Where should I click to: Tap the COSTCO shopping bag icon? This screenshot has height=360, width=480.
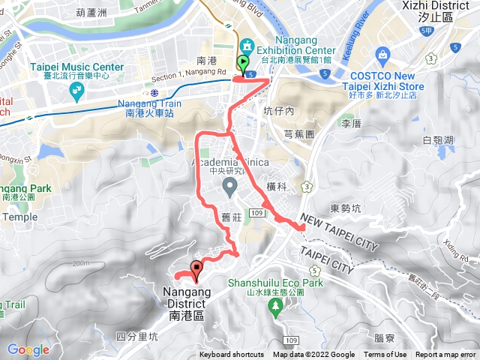coord(383,55)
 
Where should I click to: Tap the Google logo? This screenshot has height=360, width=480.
coord(28,349)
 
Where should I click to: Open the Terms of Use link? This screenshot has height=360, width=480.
coord(385,355)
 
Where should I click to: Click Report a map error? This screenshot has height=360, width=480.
coord(446,355)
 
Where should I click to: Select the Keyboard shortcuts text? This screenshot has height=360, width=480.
coord(232,355)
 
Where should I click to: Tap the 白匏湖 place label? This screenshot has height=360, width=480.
coord(438,140)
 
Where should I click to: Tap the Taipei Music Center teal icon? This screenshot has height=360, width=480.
coord(76,92)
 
